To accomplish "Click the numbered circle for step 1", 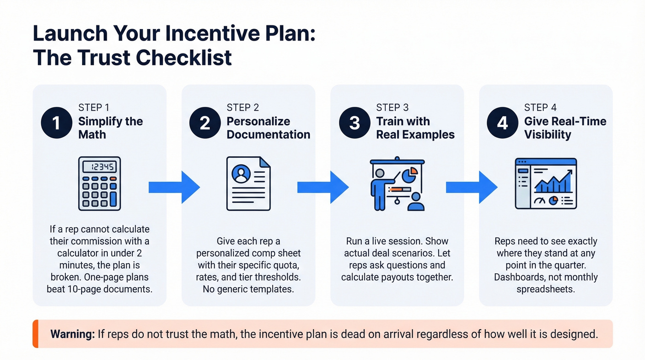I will click(x=56, y=123).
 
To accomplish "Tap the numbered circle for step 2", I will click(x=205, y=123).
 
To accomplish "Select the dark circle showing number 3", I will click(x=354, y=123).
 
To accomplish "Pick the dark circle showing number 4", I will click(x=503, y=123).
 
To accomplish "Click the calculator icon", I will click(x=98, y=183).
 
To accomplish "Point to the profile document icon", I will click(x=248, y=183).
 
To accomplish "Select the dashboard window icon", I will click(x=545, y=183).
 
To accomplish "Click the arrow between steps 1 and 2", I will click(x=174, y=187).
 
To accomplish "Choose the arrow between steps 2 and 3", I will click(x=322, y=187).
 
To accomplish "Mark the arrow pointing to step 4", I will click(x=471, y=187).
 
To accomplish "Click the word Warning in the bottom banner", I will click(x=72, y=334).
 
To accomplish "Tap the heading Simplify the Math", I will click(x=111, y=128).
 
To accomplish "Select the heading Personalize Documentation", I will click(x=268, y=128).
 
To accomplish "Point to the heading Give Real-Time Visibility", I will click(x=565, y=128).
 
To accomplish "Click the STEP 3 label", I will click(x=392, y=108).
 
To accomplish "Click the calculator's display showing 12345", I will click(x=98, y=167).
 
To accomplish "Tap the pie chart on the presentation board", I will click(x=410, y=175).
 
